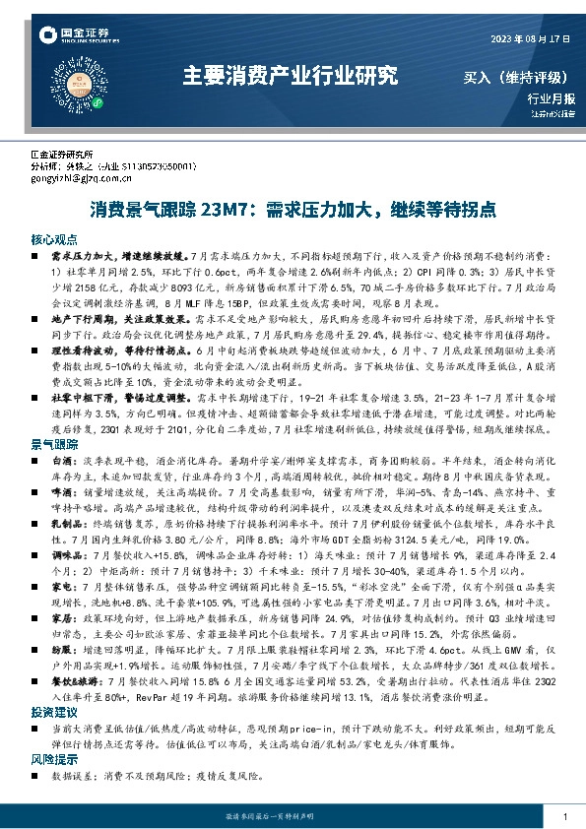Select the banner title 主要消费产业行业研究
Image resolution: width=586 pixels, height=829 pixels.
[292, 76]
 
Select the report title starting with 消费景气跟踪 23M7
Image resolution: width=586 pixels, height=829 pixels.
[293, 211]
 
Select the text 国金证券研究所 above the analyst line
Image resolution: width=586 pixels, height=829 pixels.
[61, 156]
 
